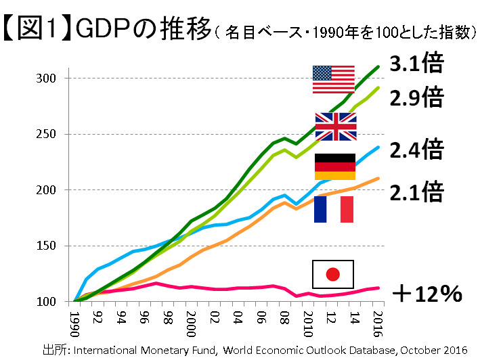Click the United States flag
click(333, 79)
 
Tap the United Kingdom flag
click(336, 127)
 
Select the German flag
click(334, 166)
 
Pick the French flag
click(334, 209)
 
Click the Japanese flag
click(332, 274)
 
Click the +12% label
click(427, 294)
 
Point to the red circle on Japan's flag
click(332, 274)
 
